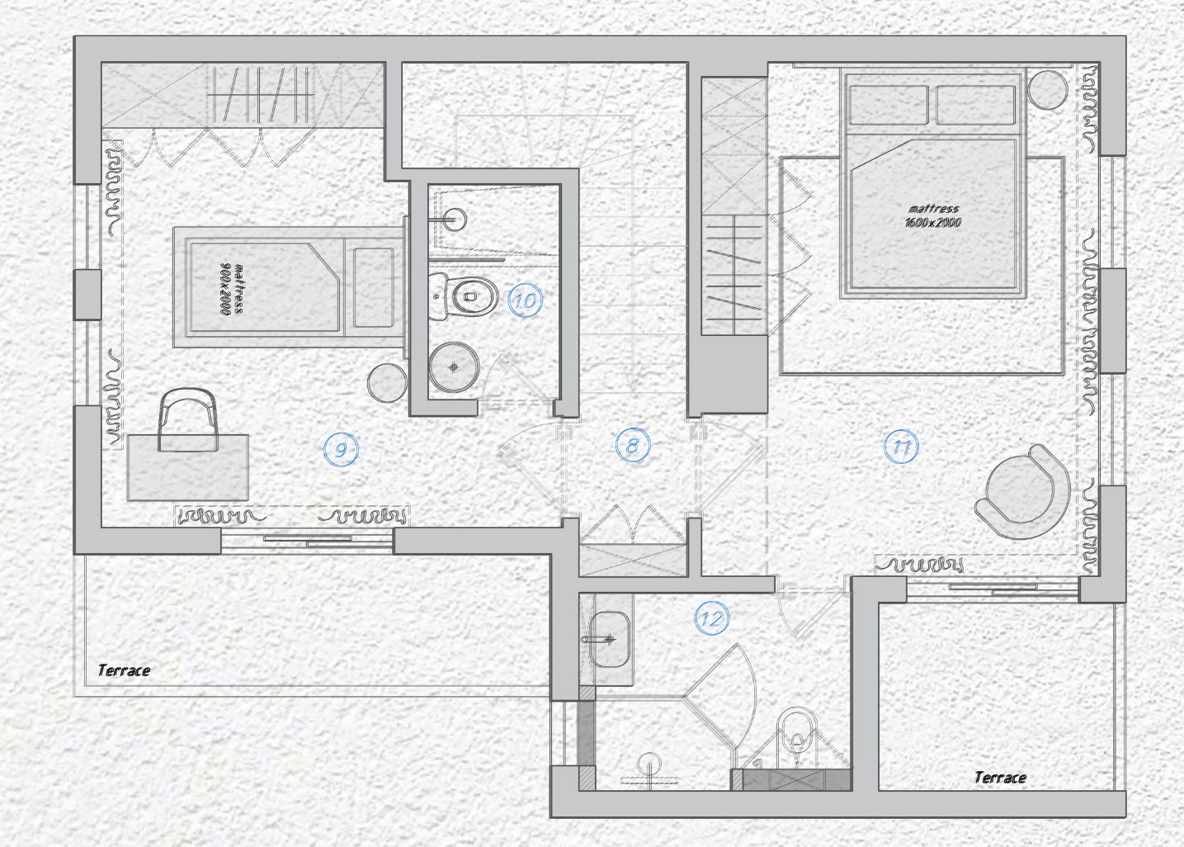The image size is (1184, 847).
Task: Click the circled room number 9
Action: (341, 450)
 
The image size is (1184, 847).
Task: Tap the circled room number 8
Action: (633, 445)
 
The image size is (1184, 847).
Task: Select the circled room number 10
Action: (526, 300)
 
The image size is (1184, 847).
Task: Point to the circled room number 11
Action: (901, 447)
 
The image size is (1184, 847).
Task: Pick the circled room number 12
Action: (711, 618)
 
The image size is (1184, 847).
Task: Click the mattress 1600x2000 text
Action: (932, 215)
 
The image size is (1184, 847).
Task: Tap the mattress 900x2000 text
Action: (231, 289)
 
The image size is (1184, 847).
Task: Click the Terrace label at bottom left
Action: (124, 670)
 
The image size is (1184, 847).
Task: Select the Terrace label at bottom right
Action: (1000, 777)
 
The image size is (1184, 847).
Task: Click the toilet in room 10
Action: (464, 296)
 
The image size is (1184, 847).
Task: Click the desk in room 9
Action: (187, 467)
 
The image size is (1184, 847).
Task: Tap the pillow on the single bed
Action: (373, 287)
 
